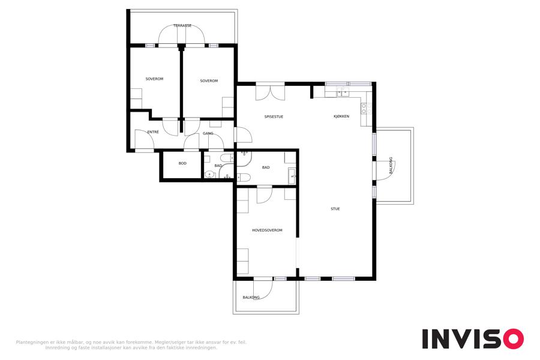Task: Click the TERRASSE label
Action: (x=182, y=25)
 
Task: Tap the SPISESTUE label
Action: (x=274, y=117)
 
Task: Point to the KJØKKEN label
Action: (x=341, y=116)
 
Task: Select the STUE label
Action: (x=335, y=209)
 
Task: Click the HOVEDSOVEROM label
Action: (x=267, y=230)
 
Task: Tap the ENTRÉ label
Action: (x=153, y=132)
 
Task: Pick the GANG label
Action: (x=208, y=133)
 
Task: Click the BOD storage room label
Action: (x=182, y=163)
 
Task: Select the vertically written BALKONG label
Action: (x=391, y=166)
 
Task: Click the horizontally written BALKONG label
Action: (x=251, y=298)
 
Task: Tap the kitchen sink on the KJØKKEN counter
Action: (x=343, y=92)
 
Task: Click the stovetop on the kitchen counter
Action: (x=364, y=108)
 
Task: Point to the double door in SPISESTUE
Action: (x=271, y=92)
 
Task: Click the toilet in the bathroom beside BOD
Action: (x=227, y=158)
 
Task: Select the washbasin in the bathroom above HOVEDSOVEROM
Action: (x=292, y=176)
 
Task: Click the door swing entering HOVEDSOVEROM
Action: (x=265, y=195)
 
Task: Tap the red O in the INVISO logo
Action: (x=514, y=339)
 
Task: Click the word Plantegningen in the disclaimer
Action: (x=33, y=343)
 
